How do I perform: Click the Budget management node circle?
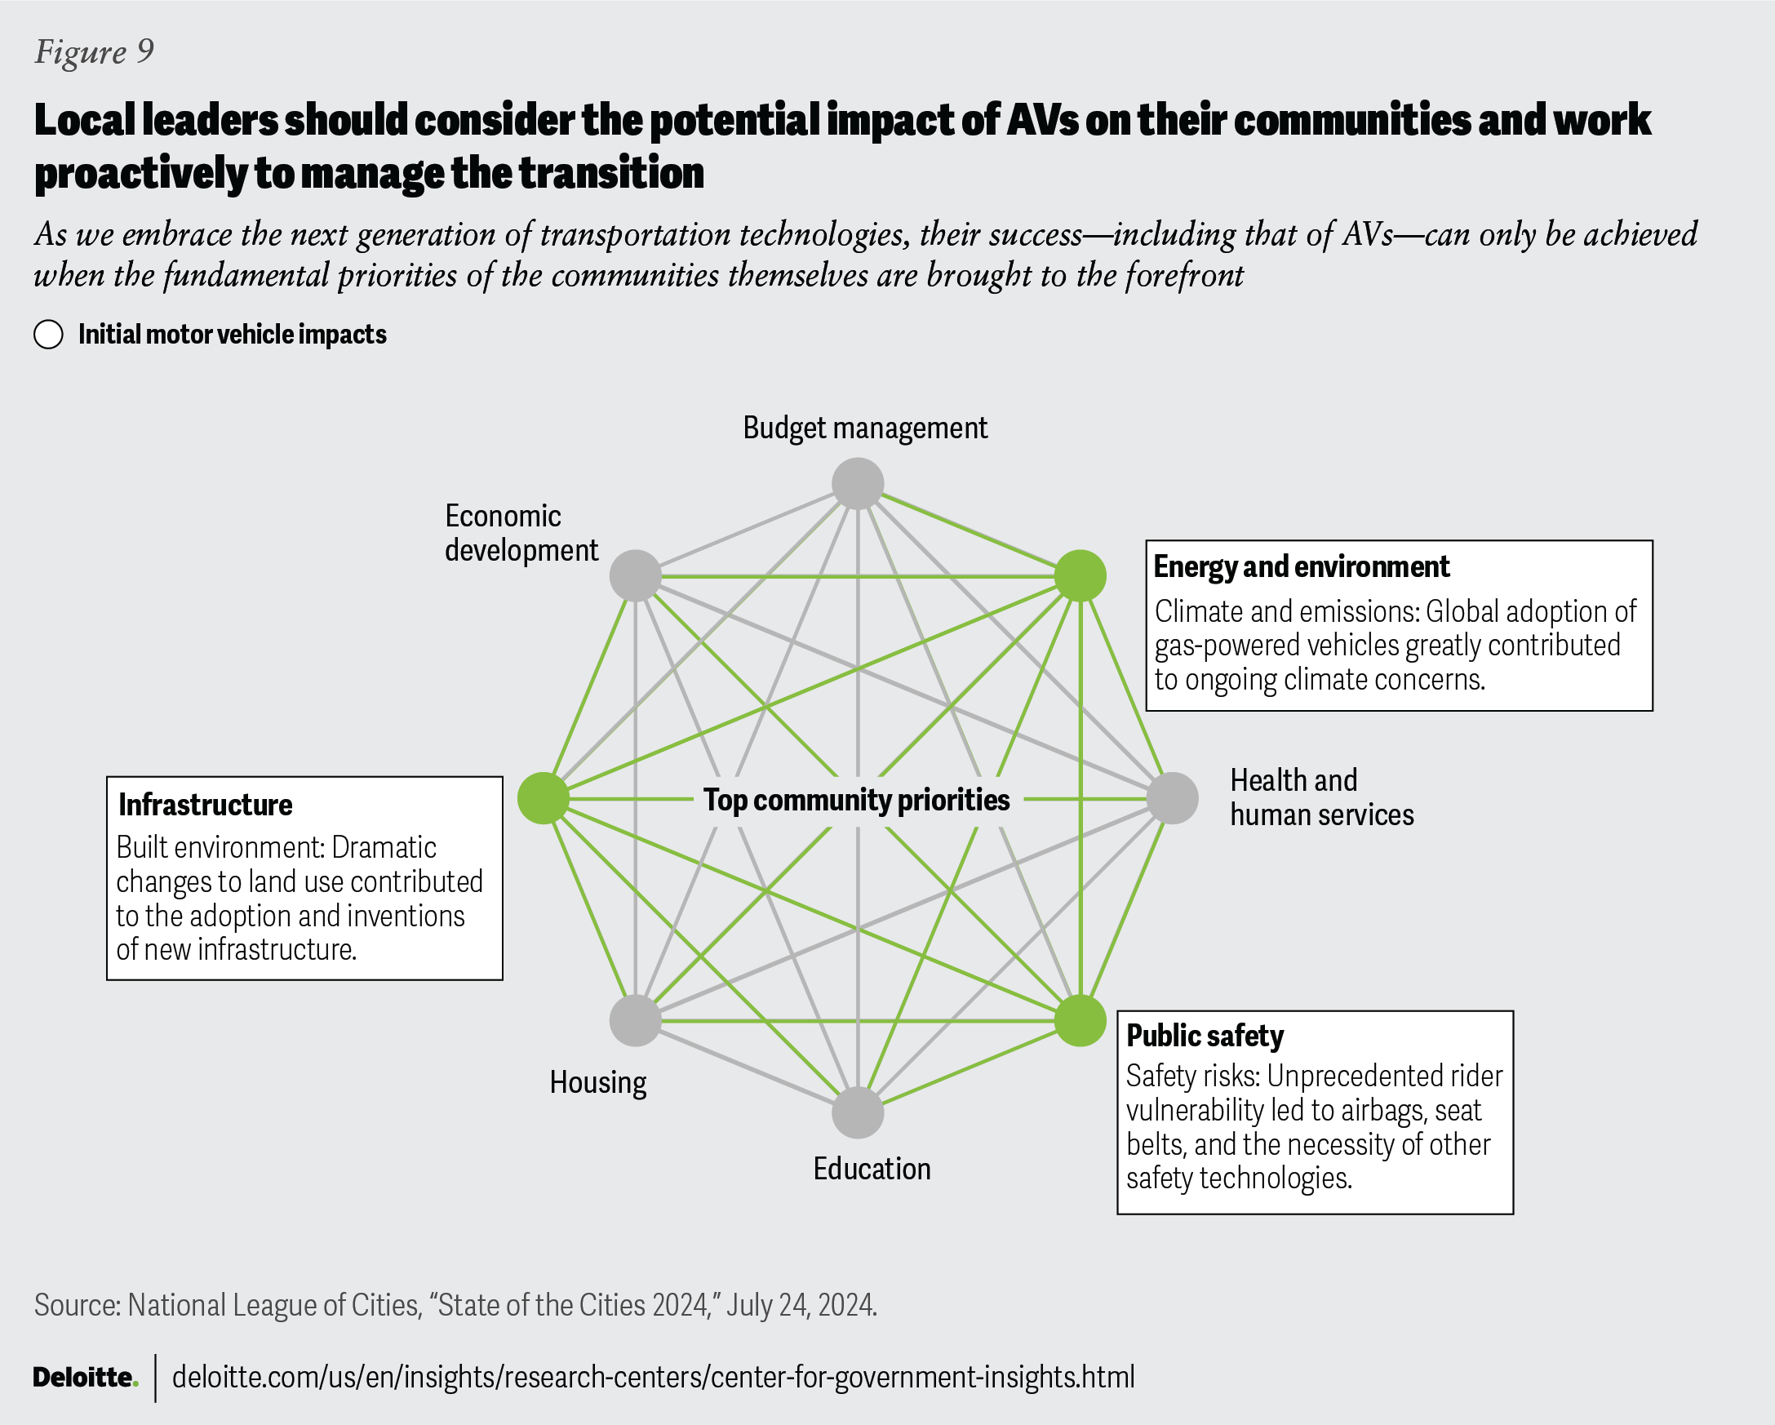858,484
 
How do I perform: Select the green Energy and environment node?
1081,575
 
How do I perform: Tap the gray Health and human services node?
1173,797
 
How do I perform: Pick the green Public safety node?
1081,1021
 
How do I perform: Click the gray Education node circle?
858,1112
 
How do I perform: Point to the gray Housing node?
636,1021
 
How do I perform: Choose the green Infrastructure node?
544,797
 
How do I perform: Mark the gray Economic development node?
636,575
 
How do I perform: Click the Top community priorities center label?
856,799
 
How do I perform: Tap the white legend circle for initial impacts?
49,335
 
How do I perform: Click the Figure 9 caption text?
94,52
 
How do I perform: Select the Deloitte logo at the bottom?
85,1376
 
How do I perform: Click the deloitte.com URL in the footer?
653,1376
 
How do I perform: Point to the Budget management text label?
864,428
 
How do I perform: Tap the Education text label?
872,1169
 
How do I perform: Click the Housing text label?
597,1082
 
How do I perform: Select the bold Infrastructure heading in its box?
205,804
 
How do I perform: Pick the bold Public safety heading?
1205,1036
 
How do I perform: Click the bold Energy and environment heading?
1301,566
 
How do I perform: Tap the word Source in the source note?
78,1305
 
